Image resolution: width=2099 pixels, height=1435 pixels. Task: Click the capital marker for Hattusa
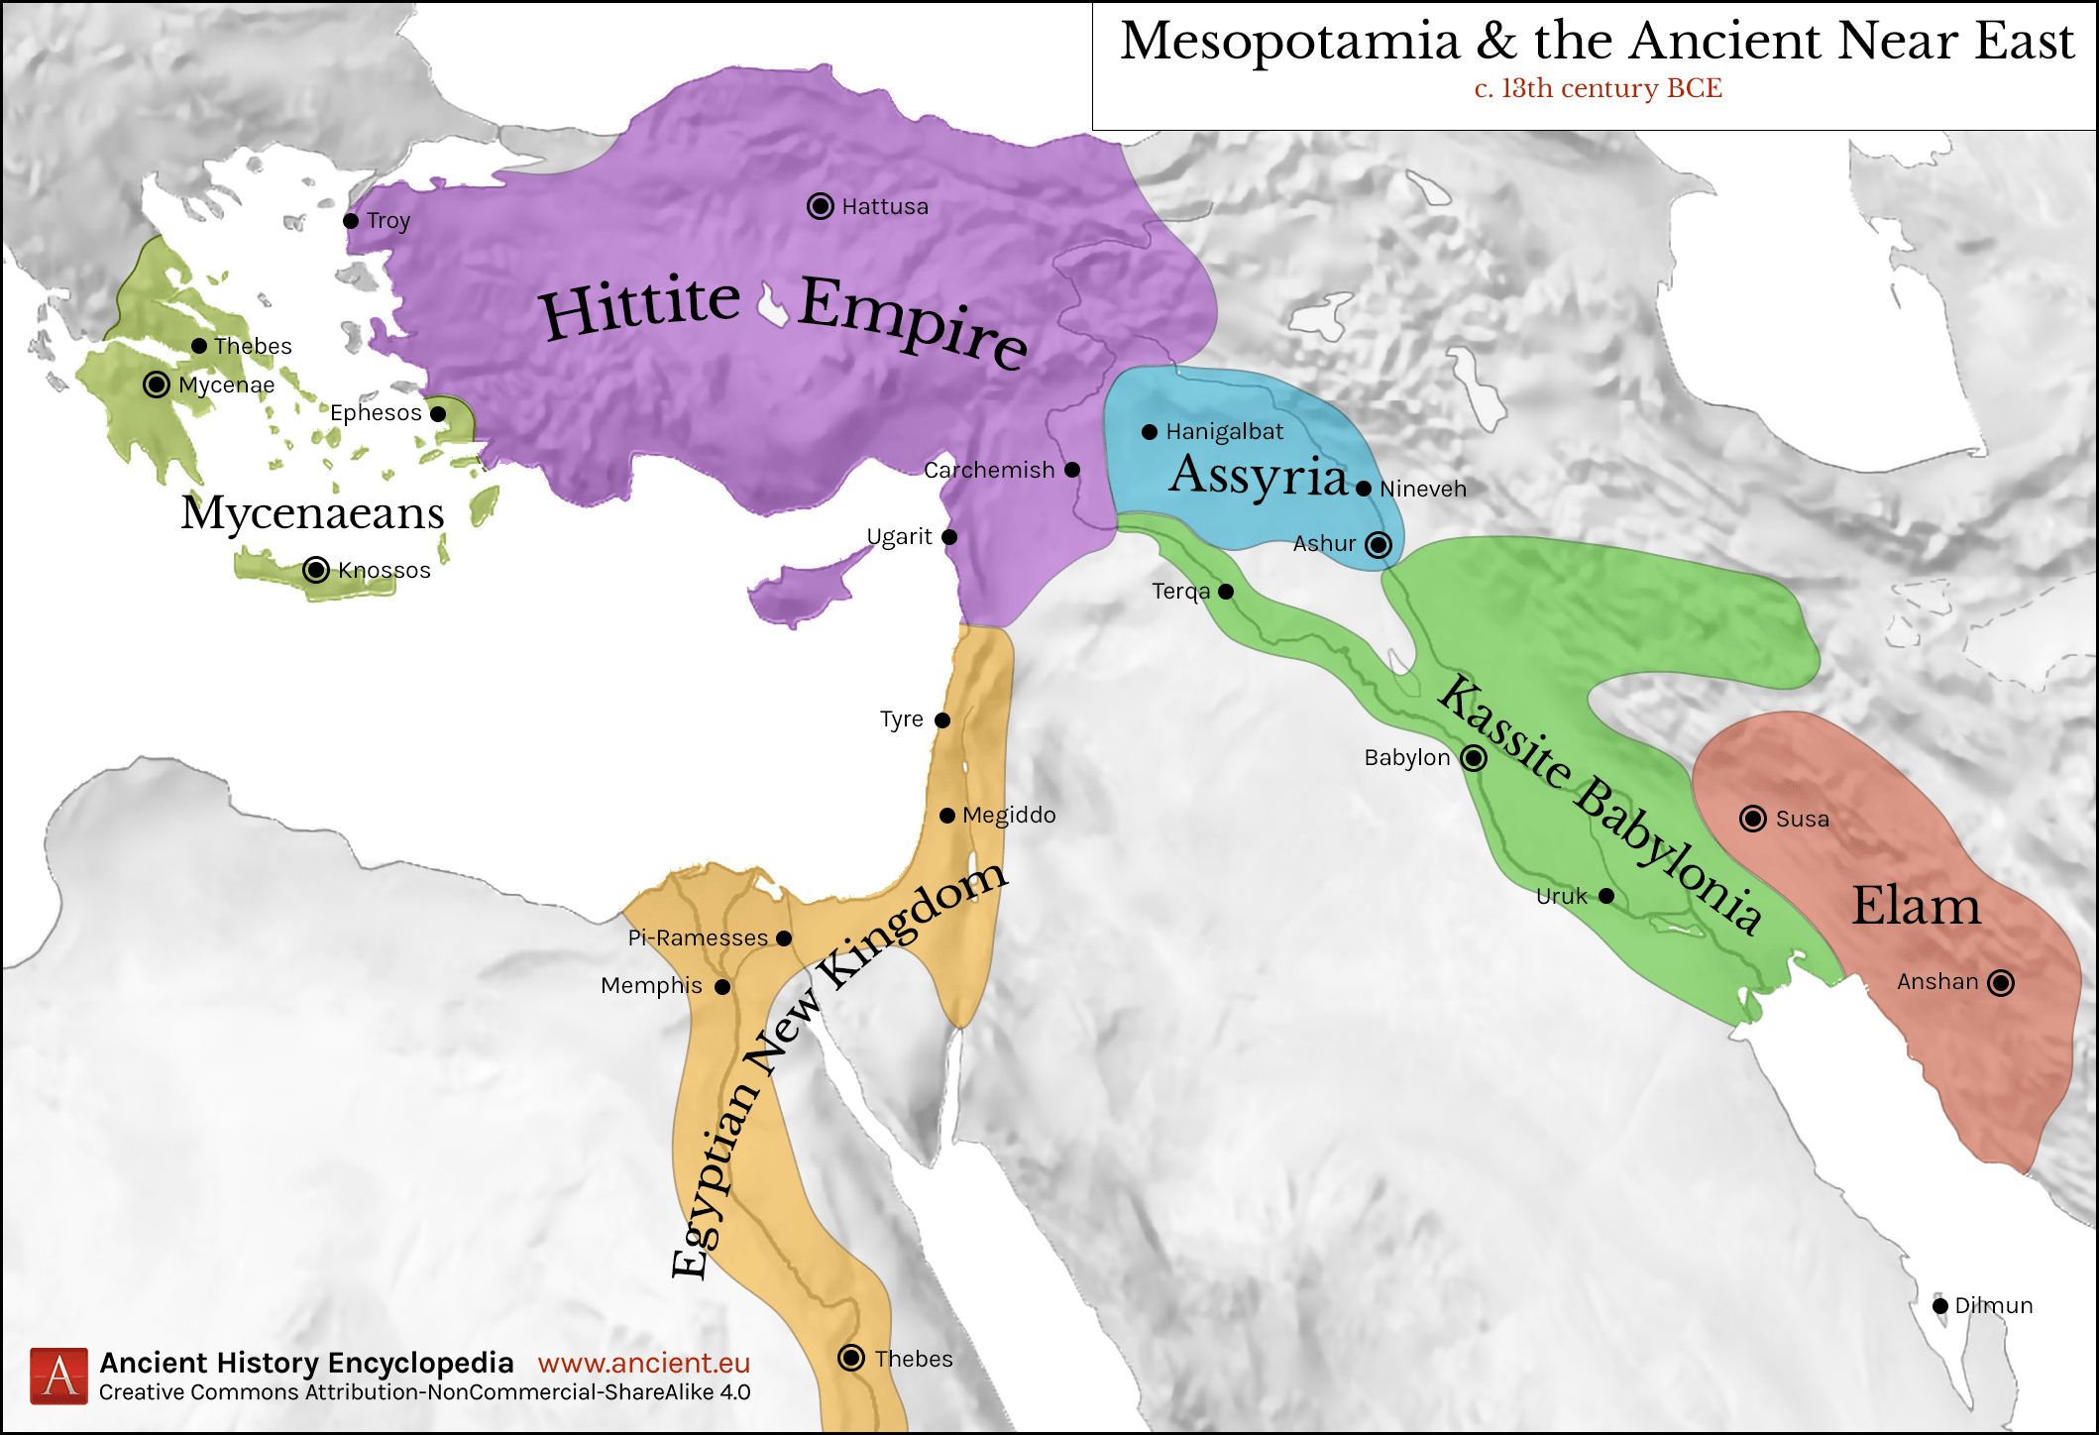pyautogui.click(x=820, y=206)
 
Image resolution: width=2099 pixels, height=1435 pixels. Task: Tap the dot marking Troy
pyautogui.click(x=351, y=221)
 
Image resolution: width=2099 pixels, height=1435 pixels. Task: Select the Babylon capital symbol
pyautogui.click(x=1474, y=758)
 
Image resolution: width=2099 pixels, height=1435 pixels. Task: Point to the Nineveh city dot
pyautogui.click(x=1364, y=489)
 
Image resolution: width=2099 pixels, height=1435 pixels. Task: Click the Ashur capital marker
pyautogui.click(x=1379, y=544)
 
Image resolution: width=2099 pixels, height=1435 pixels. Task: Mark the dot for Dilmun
pyautogui.click(x=1940, y=1306)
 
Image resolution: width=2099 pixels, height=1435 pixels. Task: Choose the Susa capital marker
pyautogui.click(x=1753, y=819)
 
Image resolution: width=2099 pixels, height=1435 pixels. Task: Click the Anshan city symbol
pyautogui.click(x=2001, y=983)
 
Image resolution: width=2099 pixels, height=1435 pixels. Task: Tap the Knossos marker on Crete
pyautogui.click(x=316, y=570)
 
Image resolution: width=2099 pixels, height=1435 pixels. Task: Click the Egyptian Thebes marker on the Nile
pyautogui.click(x=851, y=1358)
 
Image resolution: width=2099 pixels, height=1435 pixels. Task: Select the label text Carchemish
pyautogui.click(x=989, y=470)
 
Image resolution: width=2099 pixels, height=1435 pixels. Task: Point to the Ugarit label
pyautogui.click(x=899, y=537)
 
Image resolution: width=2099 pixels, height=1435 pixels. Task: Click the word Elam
pyautogui.click(x=1916, y=906)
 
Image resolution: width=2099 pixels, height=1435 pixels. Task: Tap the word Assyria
pyautogui.click(x=1258, y=476)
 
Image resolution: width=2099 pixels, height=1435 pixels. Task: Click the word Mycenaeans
pyautogui.click(x=312, y=513)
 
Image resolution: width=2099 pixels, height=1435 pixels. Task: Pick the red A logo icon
pyautogui.click(x=58, y=1376)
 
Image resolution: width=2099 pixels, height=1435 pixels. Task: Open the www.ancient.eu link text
pyautogui.click(x=643, y=1364)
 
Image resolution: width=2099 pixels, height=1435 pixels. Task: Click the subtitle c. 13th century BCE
pyautogui.click(x=1598, y=89)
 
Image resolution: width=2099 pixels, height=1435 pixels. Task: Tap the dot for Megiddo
pyautogui.click(x=947, y=816)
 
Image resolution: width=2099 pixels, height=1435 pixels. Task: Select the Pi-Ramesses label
pyautogui.click(x=698, y=938)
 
